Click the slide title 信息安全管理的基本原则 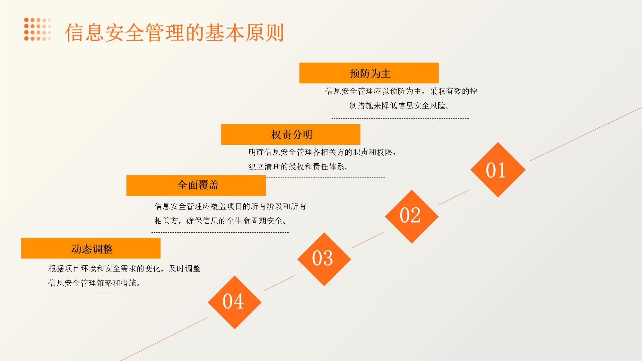coord(175,32)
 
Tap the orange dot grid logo coord(38,29)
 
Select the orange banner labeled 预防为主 coord(369,73)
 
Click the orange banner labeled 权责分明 coord(291,134)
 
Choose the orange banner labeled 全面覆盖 coord(196,185)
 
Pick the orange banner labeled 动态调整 coord(91,248)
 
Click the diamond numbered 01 coord(498,170)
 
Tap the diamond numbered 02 coord(412,216)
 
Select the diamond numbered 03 coord(324,259)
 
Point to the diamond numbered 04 coord(235,302)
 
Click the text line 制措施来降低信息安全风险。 coord(400,106)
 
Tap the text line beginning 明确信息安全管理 coord(322,152)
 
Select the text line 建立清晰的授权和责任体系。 coord(299,167)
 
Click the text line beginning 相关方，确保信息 coord(221,221)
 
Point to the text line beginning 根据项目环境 coord(125,269)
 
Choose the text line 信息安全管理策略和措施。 coord(95,283)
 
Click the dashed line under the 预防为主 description coord(400,119)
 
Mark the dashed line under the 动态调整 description coord(118,293)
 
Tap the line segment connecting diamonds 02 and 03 coord(368,240)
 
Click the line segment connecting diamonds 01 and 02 coord(454,197)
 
